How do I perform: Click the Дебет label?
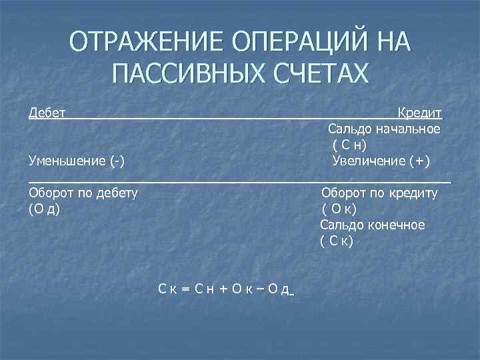tap(47, 111)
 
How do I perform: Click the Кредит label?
tap(420, 111)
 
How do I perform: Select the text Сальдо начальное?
tap(384, 128)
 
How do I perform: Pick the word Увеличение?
tap(368, 161)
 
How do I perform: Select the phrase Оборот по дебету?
tap(83, 193)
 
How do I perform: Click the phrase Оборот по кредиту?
tap(379, 193)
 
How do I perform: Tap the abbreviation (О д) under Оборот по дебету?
tap(45, 209)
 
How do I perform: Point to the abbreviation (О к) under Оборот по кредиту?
tap(337, 209)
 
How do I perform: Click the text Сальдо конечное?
tap(372, 225)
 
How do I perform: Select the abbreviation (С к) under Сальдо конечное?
tap(337, 241)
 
